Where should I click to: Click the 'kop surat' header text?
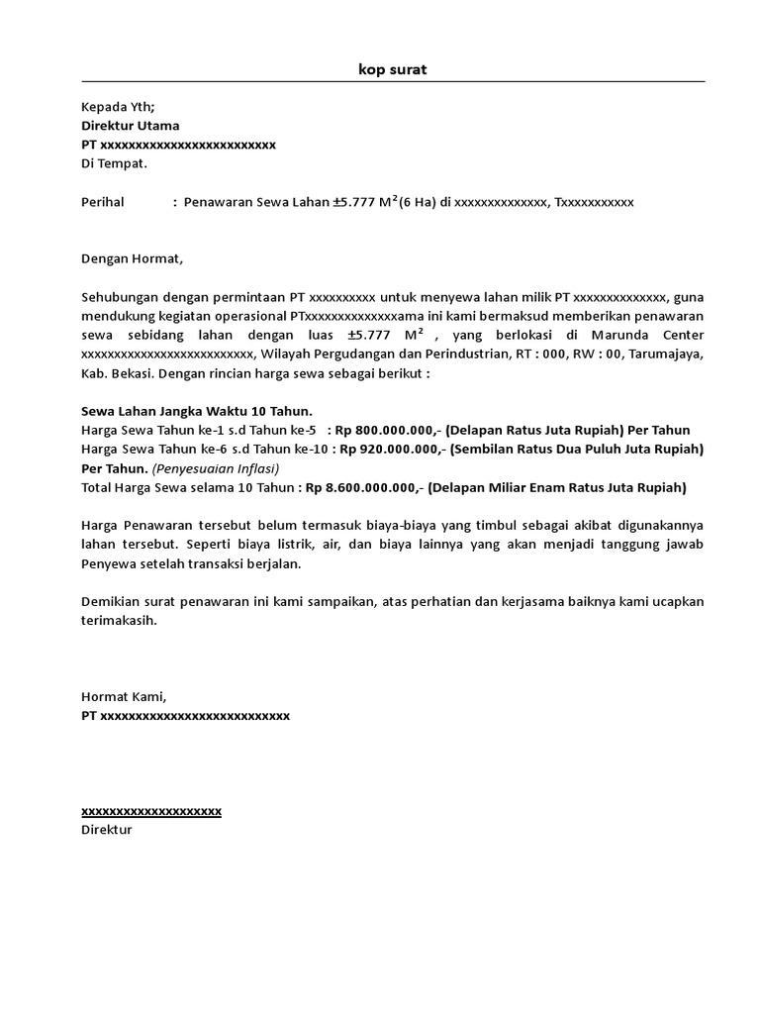click(393, 69)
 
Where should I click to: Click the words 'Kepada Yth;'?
click(118, 107)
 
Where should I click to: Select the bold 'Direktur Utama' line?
click(130, 126)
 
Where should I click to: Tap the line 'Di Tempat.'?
click(113, 163)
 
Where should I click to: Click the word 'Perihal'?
click(103, 202)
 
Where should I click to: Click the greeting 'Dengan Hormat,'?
click(133, 259)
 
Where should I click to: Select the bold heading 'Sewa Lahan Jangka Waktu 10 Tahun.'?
click(196, 411)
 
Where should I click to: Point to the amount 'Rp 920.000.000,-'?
click(393, 449)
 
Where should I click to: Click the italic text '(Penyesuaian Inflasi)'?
click(216, 468)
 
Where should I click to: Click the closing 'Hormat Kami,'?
click(124, 696)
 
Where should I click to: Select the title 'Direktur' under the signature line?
click(106, 829)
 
